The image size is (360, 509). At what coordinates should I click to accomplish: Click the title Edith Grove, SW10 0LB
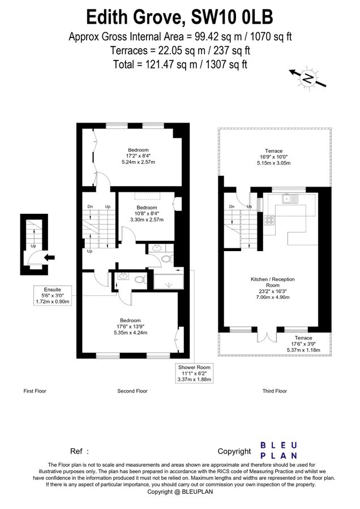pyautogui.click(x=180, y=17)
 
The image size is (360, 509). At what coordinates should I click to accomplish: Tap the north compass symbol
pyautogui.click(x=308, y=79)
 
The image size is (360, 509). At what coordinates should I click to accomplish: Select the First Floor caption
pyautogui.click(x=35, y=391)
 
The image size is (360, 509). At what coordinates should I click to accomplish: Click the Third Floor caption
pyautogui.click(x=275, y=391)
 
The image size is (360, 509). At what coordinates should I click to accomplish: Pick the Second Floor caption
pyautogui.click(x=132, y=391)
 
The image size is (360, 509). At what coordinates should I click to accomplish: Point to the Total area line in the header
pyautogui.click(x=180, y=64)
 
